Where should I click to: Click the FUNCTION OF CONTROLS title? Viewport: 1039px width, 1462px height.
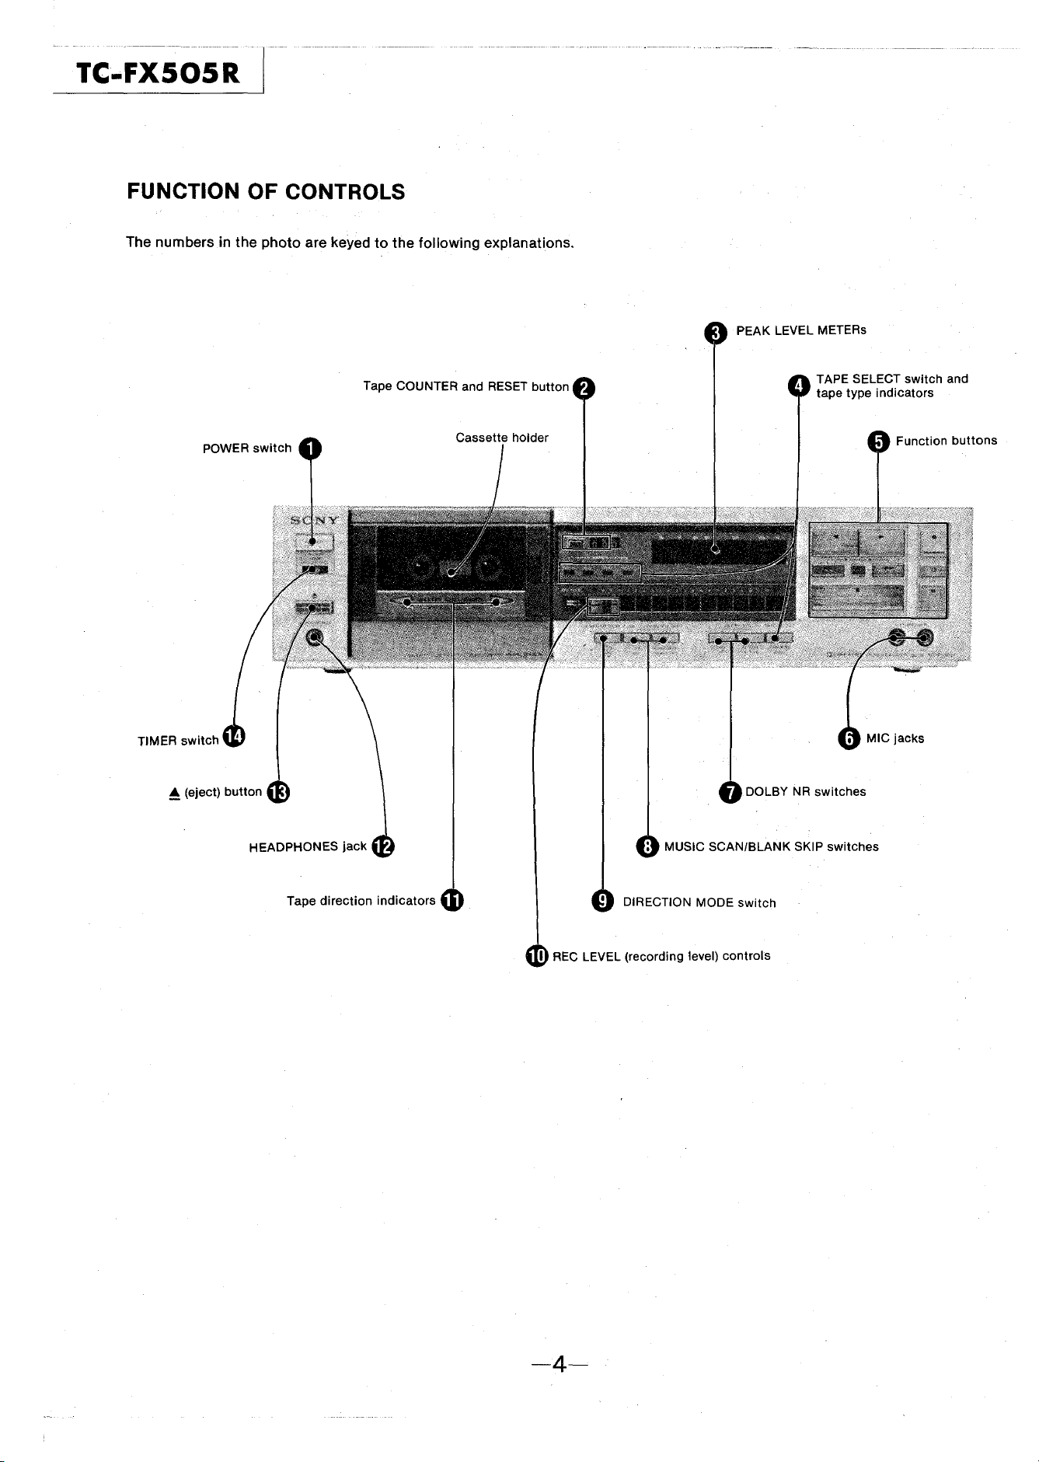pyautogui.click(x=266, y=192)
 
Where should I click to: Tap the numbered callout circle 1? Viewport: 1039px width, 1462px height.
pyautogui.click(x=311, y=448)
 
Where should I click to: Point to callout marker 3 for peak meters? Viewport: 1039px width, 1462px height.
pyautogui.click(x=715, y=333)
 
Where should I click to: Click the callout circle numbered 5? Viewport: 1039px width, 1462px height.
pyautogui.click(x=878, y=442)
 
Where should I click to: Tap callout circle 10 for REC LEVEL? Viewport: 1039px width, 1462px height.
pyautogui.click(x=537, y=957)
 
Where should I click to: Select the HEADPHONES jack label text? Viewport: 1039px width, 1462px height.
pyautogui.click(x=308, y=847)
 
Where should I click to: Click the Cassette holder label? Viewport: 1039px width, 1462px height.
pyautogui.click(x=502, y=438)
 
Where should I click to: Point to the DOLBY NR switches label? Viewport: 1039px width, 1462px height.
pyautogui.click(x=806, y=792)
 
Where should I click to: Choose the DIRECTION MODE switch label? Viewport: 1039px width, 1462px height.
pyautogui.click(x=699, y=903)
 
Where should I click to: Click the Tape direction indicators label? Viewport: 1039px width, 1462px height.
pyautogui.click(x=361, y=902)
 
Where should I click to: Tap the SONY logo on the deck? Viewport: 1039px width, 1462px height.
pyautogui.click(x=314, y=520)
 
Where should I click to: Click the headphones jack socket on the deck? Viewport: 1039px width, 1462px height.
pyautogui.click(x=315, y=637)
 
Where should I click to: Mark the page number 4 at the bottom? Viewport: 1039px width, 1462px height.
pyautogui.click(x=558, y=1364)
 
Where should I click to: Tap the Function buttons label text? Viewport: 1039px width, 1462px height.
pyautogui.click(x=947, y=441)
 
